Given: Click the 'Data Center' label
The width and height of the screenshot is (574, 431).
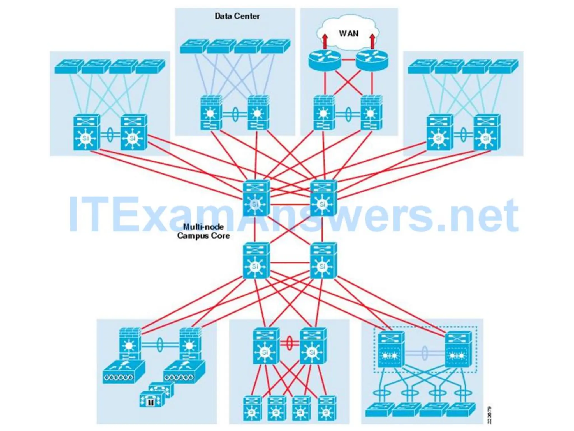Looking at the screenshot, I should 237,16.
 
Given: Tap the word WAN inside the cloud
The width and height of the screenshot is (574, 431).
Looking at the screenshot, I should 348,34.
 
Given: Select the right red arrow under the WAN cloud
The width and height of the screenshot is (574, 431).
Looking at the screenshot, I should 372,41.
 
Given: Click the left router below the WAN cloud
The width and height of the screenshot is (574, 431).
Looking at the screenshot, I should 325,60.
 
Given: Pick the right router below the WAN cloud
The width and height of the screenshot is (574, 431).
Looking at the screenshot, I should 372,60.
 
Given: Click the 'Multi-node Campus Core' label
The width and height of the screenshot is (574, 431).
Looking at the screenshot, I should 203,231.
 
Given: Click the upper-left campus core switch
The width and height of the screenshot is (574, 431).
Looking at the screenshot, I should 256,198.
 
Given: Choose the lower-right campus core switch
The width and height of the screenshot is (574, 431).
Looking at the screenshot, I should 323,261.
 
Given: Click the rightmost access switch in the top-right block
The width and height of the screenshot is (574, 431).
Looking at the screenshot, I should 503,67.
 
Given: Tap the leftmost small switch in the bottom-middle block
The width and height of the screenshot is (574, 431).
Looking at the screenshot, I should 252,408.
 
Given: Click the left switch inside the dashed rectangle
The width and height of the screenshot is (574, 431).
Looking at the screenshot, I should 391,349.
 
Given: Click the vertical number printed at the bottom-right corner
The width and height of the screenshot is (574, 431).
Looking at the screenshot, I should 489,415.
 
